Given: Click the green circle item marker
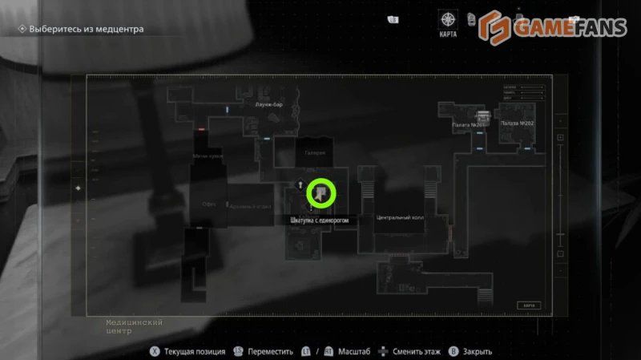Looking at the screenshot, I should (x=320, y=192).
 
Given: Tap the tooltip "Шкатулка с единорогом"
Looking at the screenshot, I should (x=315, y=220).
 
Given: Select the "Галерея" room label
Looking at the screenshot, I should (x=314, y=152).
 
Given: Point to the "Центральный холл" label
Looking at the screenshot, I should (x=398, y=218).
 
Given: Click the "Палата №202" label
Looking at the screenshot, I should (x=517, y=123).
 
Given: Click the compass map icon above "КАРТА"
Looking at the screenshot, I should (x=448, y=19).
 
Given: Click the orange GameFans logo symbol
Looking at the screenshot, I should (x=496, y=26).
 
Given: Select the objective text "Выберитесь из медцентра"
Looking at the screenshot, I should (x=86, y=30).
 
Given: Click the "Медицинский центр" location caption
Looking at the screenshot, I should (x=134, y=326).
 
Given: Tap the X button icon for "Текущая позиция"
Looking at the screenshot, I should (x=153, y=351).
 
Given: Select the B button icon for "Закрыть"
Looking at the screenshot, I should (x=454, y=351).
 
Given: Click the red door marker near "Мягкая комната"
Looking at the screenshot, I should (x=202, y=128).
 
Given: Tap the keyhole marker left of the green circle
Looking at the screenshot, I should (x=300, y=184).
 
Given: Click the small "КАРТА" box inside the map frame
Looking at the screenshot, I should (x=528, y=305).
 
